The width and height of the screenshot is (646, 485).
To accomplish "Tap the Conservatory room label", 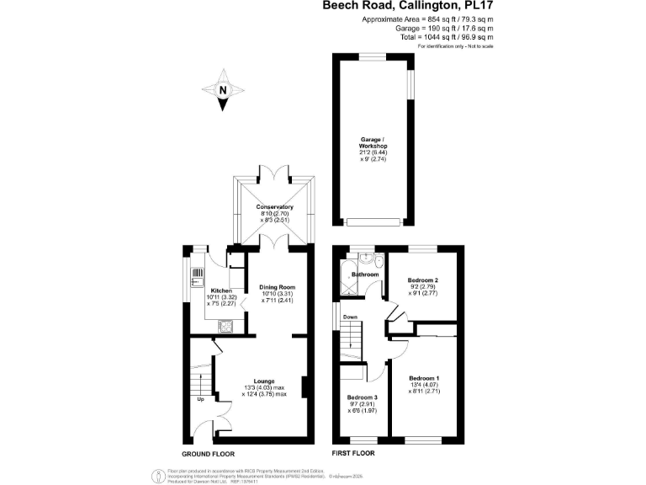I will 274,206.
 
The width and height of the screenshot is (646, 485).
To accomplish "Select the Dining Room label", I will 276,287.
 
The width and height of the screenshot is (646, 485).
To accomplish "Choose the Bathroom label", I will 365,274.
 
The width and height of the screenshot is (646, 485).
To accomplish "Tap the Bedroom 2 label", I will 424,280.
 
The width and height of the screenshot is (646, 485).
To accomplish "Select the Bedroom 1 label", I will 424,378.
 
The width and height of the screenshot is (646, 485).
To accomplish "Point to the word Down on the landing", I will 351,317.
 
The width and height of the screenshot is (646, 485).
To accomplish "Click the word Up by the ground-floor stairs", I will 201,399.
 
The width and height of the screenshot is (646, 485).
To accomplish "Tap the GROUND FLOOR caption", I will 206,453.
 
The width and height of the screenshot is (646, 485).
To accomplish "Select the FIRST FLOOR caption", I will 352,453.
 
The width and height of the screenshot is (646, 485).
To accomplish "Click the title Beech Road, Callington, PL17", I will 408,6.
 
